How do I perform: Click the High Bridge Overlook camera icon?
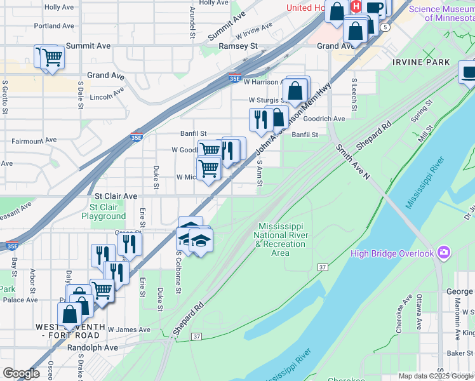click(x=443, y=253)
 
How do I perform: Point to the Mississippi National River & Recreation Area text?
click(x=281, y=239)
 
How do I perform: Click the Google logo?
click(x=21, y=373)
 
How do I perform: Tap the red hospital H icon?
click(x=356, y=7)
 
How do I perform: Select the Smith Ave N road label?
click(x=352, y=162)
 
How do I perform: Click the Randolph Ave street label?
click(x=93, y=347)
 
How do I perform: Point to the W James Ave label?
click(x=129, y=330)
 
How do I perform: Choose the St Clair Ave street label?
click(x=116, y=197)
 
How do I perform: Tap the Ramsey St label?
click(x=237, y=46)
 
